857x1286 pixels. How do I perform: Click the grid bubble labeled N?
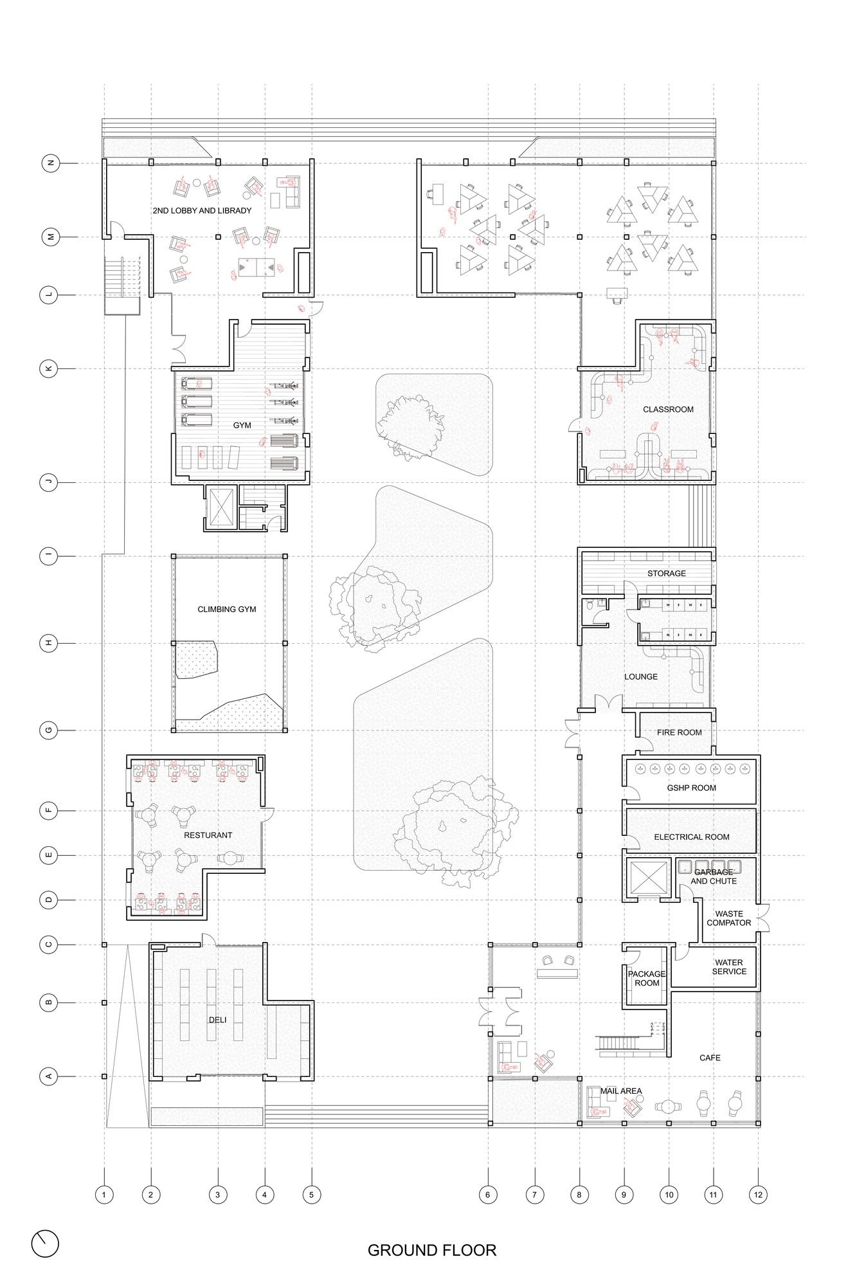(x=51, y=163)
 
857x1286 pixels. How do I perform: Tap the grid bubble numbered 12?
(x=758, y=1195)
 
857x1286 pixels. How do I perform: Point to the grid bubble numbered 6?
(x=487, y=1195)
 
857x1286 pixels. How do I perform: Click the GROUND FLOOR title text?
(x=432, y=1250)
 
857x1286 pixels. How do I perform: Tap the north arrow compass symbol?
(x=45, y=1244)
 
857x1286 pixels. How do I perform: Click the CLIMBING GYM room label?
(x=226, y=609)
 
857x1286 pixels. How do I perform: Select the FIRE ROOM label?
(x=679, y=732)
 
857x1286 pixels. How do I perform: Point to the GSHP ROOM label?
(x=691, y=788)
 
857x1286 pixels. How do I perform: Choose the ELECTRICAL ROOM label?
(x=692, y=837)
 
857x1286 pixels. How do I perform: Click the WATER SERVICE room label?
(x=729, y=967)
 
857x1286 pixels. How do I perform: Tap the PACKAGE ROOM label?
(x=647, y=979)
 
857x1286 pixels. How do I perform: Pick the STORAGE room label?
(x=667, y=573)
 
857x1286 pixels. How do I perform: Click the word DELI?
(x=217, y=1020)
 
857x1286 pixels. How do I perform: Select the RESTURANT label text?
(x=208, y=835)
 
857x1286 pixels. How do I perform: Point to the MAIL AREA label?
(x=621, y=1091)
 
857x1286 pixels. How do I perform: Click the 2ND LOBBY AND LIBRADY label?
(x=202, y=210)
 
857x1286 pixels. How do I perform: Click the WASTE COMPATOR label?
(x=729, y=918)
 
